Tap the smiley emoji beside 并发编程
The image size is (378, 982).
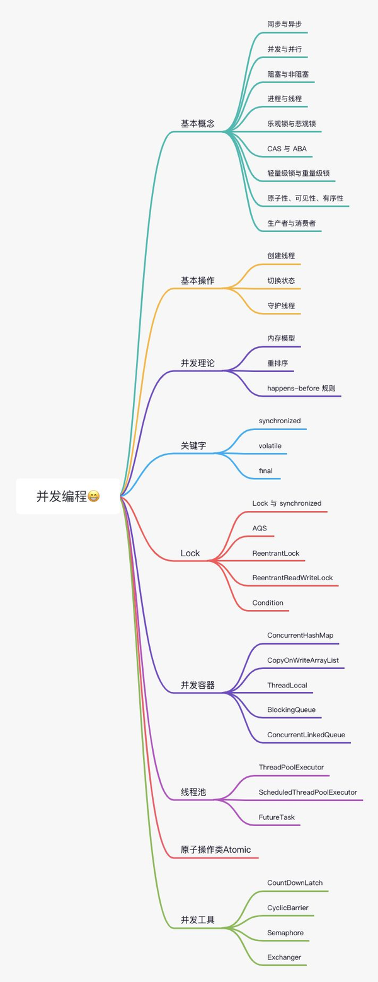click(x=93, y=496)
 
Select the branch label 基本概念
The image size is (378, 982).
click(x=197, y=124)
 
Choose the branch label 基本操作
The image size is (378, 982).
click(x=197, y=279)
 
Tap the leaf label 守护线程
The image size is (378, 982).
click(x=281, y=306)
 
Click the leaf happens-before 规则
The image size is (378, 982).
click(x=297, y=387)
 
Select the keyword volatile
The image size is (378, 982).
click(x=270, y=445)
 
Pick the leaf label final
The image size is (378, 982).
click(x=265, y=471)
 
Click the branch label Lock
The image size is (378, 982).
click(x=190, y=553)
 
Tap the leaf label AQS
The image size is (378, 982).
click(x=260, y=527)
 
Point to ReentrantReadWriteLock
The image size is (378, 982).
click(x=292, y=578)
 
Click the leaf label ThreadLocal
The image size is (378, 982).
click(x=287, y=685)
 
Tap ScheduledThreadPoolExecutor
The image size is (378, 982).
click(x=307, y=792)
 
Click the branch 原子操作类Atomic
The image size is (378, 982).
click(x=215, y=850)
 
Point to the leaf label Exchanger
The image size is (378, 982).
click(x=284, y=957)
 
